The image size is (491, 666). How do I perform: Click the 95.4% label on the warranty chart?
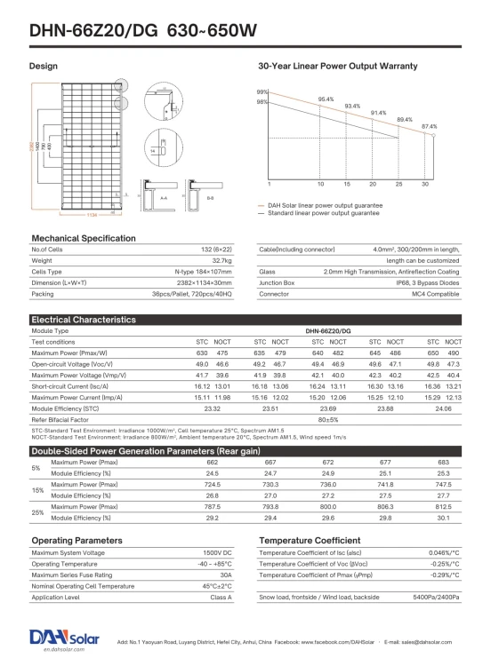click(326, 99)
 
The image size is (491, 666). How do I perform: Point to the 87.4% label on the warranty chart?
click(429, 126)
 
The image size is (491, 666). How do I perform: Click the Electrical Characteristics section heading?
click(85, 319)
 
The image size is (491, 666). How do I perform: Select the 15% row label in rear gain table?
click(36, 490)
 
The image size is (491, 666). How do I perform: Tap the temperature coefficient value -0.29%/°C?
click(444, 575)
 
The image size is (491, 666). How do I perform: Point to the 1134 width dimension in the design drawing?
click(92, 215)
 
